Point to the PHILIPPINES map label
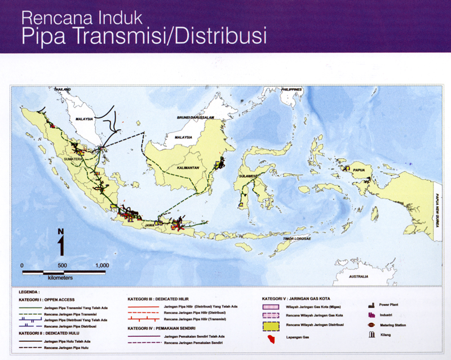click(291, 90)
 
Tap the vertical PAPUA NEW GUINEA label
click(436, 209)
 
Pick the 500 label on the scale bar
click(62, 265)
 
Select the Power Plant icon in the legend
click(372, 305)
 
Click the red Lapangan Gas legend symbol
click(272, 338)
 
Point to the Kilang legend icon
click(372, 335)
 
